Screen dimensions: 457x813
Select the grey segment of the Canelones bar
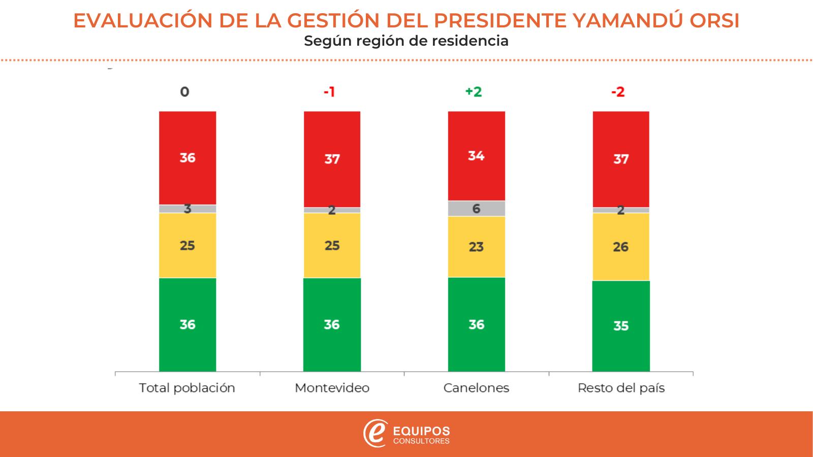pos(476,208)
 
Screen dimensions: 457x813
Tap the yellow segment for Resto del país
pos(621,247)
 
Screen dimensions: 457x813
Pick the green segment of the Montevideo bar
pos(332,324)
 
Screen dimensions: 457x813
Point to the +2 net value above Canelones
pos(474,92)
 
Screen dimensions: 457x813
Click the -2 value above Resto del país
pos(618,92)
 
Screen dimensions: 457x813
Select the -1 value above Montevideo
pos(329,92)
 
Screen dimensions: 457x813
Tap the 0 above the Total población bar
pos(184,92)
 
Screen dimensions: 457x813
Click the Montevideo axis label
pos(332,388)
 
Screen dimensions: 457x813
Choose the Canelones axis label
pos(476,388)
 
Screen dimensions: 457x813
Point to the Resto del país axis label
pos(621,388)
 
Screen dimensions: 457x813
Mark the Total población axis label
pos(187,388)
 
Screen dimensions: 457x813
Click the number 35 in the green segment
pos(621,326)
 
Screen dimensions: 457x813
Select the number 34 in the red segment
pos(476,156)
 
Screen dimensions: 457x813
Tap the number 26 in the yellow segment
pos(621,247)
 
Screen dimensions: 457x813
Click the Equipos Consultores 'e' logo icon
pos(375,434)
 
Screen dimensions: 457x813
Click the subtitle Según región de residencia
pos(406,41)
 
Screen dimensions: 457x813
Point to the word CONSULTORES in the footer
pos(422,441)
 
